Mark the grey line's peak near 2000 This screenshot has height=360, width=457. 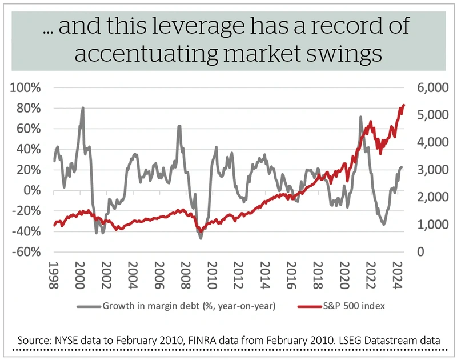tap(83, 107)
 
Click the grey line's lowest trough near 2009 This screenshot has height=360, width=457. tap(201, 238)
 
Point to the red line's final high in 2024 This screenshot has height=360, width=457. tap(403, 105)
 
